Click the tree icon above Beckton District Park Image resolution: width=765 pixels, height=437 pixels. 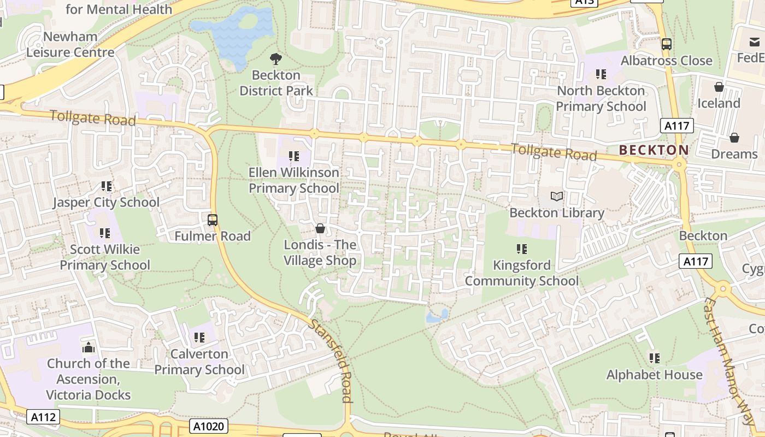(x=276, y=58)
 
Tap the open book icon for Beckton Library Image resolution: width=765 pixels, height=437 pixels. (x=557, y=196)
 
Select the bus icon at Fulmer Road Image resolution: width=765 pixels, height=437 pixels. (x=213, y=220)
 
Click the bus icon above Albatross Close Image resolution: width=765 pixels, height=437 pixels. (x=666, y=44)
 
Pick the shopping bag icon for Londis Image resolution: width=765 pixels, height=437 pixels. (x=320, y=228)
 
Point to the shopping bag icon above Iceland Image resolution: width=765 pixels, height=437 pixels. (x=719, y=87)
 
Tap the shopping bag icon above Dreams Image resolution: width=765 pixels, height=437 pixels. (x=734, y=138)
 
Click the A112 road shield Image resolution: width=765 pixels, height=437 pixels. (x=43, y=417)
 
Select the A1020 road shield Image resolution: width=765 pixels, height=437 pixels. (x=209, y=426)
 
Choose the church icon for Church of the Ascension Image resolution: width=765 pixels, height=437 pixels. (x=89, y=347)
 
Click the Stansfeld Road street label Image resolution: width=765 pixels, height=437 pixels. (x=331, y=361)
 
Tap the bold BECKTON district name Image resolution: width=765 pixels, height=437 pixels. (x=654, y=150)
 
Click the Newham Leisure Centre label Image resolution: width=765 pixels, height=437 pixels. (x=70, y=45)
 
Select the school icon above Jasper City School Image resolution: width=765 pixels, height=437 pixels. (x=107, y=186)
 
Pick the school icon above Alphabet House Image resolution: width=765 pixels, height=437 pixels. (x=654, y=358)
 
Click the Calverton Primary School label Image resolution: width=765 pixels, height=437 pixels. (x=199, y=362)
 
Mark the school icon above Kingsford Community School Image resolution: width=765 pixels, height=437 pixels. (x=522, y=249)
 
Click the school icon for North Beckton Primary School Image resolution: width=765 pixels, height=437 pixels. (x=601, y=74)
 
